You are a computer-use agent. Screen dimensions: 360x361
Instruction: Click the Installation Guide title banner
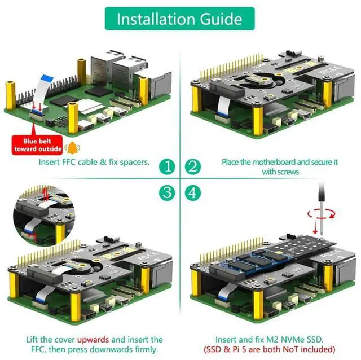coord(180,19)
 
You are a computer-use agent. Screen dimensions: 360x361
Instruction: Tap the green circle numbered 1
coord(167,167)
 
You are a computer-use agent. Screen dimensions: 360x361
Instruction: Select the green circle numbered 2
coord(193,167)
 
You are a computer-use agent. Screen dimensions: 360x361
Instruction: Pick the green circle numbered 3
coord(167,192)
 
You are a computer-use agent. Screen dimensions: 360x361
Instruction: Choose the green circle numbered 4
coord(193,192)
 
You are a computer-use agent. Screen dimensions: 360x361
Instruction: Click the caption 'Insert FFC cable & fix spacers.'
coord(94,162)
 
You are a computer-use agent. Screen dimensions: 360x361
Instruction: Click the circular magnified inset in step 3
coord(42,211)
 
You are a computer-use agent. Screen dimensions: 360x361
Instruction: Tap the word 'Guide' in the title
coord(219,19)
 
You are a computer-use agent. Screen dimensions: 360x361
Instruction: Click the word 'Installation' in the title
coord(152,19)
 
